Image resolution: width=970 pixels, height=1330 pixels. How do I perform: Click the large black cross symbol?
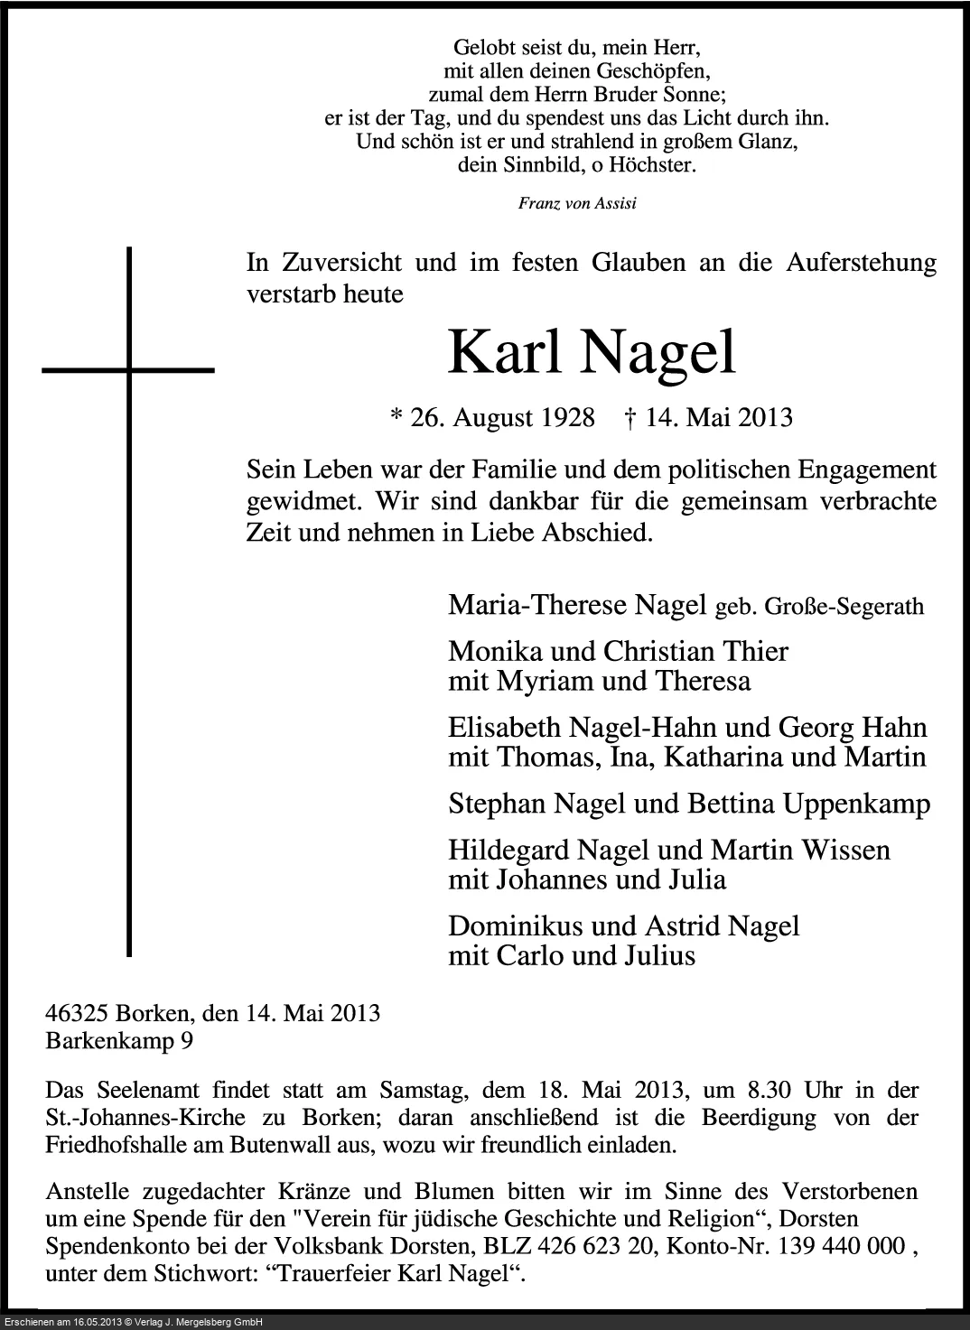click(130, 369)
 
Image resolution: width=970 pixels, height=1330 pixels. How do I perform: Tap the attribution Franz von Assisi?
click(577, 202)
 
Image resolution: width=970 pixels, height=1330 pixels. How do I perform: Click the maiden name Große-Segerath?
click(844, 607)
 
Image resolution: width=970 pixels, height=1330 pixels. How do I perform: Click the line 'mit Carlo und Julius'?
click(572, 954)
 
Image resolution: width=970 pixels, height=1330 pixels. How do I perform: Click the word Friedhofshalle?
click(115, 1146)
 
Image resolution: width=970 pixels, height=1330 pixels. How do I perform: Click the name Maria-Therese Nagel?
click(576, 605)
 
